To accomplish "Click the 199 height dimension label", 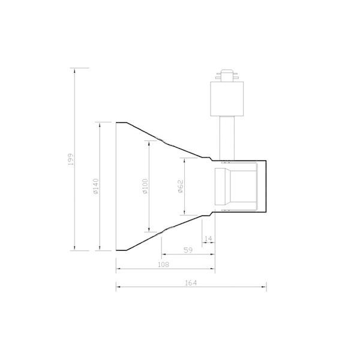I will [71, 160].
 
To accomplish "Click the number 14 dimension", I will [208, 239].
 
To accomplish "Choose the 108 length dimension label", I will [163, 265].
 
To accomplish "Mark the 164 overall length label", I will [191, 282].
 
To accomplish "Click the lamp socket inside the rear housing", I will [237, 187].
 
